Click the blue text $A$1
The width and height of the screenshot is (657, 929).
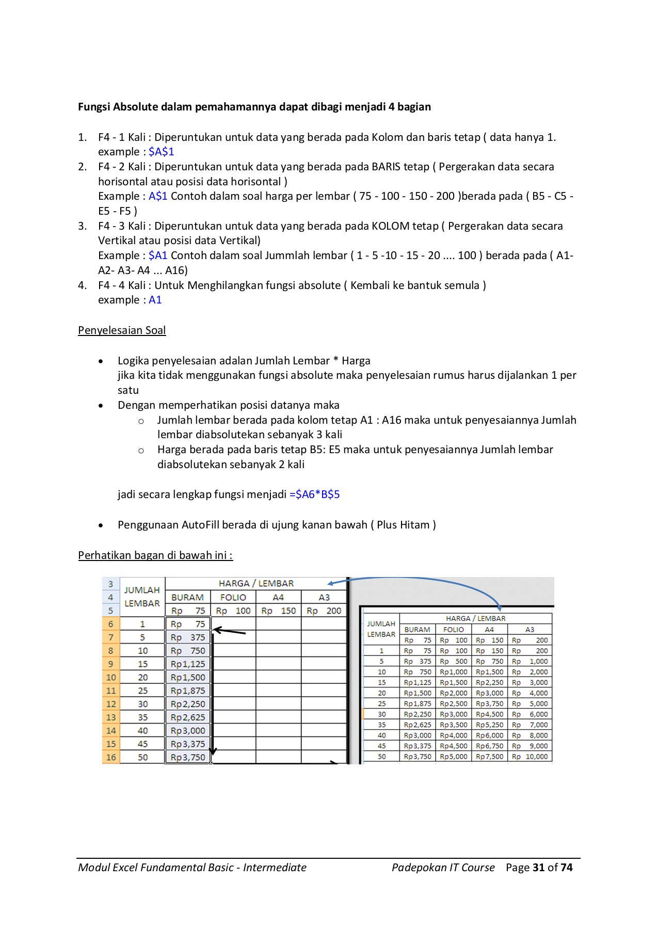click(161, 152)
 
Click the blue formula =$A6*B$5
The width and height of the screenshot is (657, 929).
click(314, 494)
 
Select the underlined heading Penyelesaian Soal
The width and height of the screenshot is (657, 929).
click(122, 330)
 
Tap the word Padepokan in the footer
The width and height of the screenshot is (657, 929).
click(419, 868)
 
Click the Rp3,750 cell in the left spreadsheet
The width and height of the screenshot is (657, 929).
click(188, 758)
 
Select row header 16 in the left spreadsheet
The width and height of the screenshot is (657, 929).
click(111, 758)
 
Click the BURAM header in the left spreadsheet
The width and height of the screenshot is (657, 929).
click(187, 597)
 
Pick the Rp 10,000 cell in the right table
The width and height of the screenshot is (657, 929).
click(530, 757)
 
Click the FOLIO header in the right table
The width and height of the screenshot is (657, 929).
click(453, 630)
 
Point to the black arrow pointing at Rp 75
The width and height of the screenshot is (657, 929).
click(230, 631)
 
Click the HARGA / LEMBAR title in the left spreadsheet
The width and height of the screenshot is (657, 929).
click(256, 584)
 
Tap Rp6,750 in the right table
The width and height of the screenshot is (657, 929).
click(489, 746)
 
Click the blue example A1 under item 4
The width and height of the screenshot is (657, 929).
click(155, 300)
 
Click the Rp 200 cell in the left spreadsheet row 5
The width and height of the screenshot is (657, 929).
click(324, 611)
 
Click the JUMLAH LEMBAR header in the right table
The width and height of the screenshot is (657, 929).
click(381, 629)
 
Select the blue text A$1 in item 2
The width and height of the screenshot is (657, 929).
click(158, 196)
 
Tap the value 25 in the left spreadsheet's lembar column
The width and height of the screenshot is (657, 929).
click(142, 691)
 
